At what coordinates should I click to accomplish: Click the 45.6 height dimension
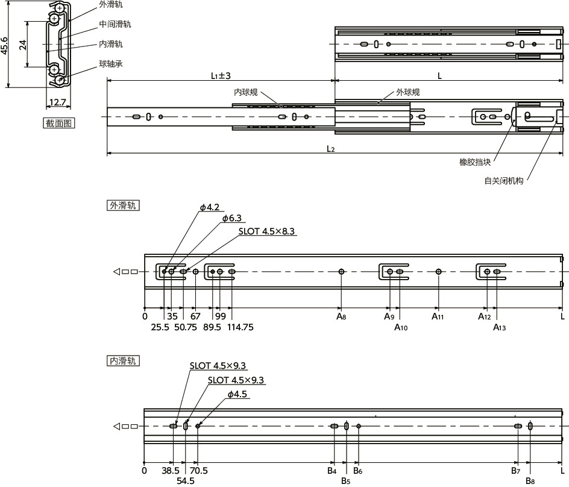(x=4, y=45)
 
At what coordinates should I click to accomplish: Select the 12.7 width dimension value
(x=57, y=102)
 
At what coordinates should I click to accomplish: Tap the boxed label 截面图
(x=58, y=124)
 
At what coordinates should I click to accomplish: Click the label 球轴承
(x=111, y=64)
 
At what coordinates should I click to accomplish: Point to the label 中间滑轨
(x=115, y=24)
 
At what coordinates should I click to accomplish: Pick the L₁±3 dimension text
(x=221, y=76)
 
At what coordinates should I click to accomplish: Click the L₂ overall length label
(x=330, y=149)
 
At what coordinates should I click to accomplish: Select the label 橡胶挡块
(x=474, y=162)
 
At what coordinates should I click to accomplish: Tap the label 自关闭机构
(x=504, y=181)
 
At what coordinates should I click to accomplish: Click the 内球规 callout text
(x=246, y=92)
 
